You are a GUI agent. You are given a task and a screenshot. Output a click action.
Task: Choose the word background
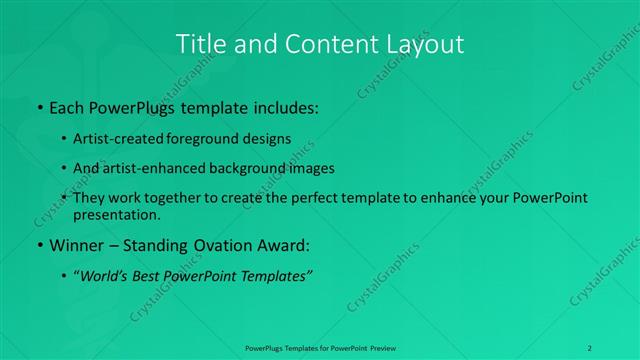(260, 168)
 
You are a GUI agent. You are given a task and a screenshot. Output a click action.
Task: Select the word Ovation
(212, 245)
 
